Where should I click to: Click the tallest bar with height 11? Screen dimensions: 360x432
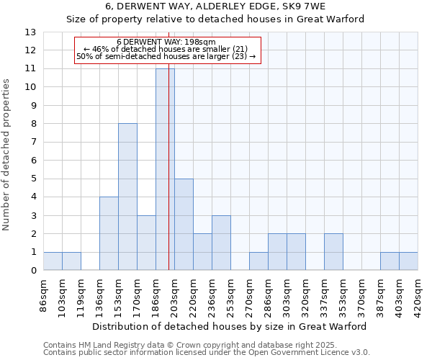tap(165, 169)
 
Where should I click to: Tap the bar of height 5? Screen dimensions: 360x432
tap(184, 224)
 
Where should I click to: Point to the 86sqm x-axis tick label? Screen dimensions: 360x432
tap(44, 295)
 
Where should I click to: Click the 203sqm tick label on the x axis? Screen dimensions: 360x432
tap(175, 295)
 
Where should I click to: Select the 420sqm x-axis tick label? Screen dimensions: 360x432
tap(418, 295)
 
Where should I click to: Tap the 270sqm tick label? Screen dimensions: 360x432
tap(250, 295)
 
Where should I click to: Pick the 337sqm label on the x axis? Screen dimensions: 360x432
tap(325, 295)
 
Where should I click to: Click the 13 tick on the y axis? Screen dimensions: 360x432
tap(30, 32)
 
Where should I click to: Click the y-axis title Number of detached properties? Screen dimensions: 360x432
tap(7, 156)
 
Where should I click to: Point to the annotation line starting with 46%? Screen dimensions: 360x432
tap(166, 50)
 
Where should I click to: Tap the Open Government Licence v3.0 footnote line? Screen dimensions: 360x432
tap(207, 353)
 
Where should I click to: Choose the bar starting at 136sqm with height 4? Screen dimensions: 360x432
tap(109, 233)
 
